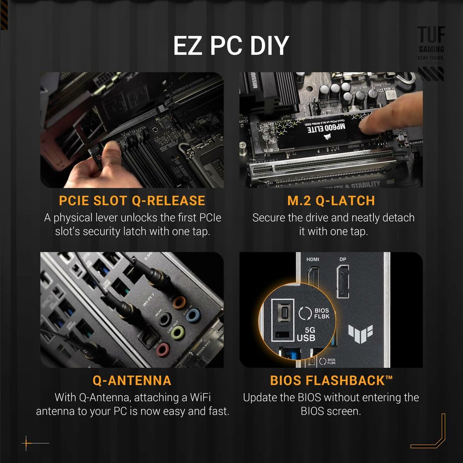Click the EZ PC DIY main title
point(231,46)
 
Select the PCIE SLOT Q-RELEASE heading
point(132,201)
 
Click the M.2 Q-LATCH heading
point(331,201)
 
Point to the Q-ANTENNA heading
point(132,380)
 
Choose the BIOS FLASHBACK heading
point(331,380)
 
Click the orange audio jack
point(179,301)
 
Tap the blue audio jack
point(193,316)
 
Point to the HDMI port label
point(313,259)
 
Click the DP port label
point(343,259)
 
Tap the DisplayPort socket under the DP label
point(343,282)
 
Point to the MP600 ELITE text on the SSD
point(326,128)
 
